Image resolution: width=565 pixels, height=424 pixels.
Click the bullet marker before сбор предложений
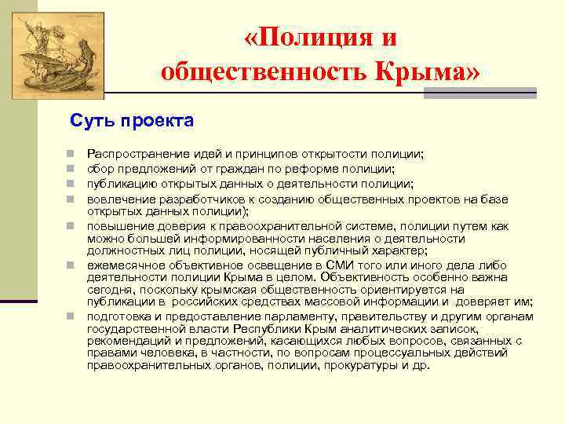tap(70, 169)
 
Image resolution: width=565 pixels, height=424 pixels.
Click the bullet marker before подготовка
tap(70, 316)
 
